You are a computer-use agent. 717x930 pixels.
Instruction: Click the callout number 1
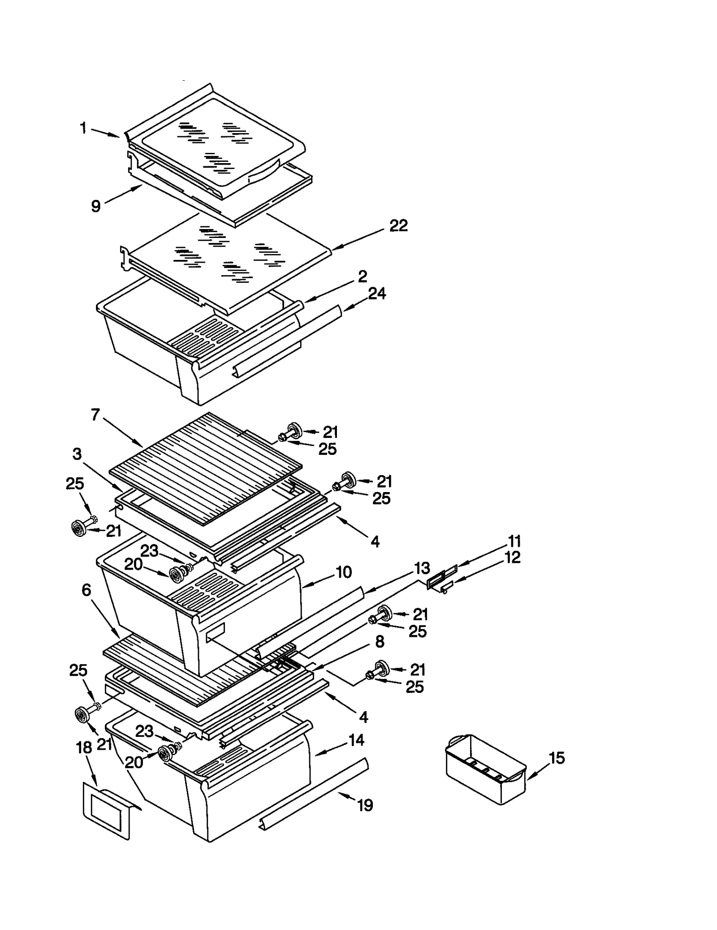[x=83, y=129]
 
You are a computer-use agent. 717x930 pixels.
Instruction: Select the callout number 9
[x=96, y=206]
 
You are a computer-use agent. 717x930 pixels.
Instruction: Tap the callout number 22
[x=398, y=226]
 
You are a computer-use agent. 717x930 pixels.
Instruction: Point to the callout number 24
[x=377, y=294]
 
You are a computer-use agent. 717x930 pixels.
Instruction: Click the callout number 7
[x=95, y=415]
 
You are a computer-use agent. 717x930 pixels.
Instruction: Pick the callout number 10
[x=344, y=572]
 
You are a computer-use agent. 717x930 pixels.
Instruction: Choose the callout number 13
[x=422, y=568]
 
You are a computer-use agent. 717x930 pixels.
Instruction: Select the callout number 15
[x=557, y=758]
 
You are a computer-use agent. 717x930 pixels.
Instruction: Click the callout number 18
[x=84, y=748]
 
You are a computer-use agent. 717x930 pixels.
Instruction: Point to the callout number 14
[x=356, y=740]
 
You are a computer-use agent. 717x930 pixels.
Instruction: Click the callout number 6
[x=86, y=590]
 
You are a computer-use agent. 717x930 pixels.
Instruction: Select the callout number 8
[x=380, y=642]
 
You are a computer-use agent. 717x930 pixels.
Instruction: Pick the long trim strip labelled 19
[x=314, y=793]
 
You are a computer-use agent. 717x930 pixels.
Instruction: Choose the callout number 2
[x=362, y=277]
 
